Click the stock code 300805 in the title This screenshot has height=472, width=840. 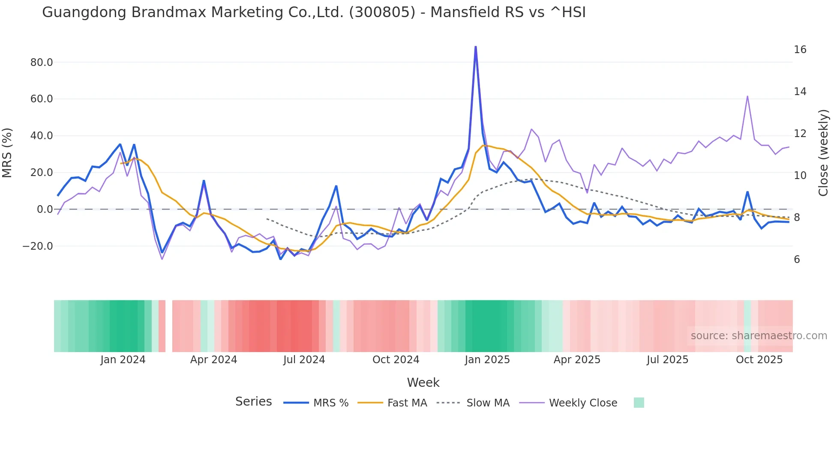pyautogui.click(x=382, y=12)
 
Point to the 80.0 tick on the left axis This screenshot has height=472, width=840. pyautogui.click(x=42, y=63)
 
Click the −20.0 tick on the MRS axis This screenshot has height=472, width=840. pyautogui.click(x=38, y=246)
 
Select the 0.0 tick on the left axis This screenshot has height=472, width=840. pyautogui.click(x=45, y=209)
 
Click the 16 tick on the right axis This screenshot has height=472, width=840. pyautogui.click(x=800, y=50)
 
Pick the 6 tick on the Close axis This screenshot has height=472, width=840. pyautogui.click(x=797, y=260)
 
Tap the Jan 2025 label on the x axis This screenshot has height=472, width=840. pyautogui.click(x=487, y=360)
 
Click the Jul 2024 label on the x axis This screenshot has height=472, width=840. pyautogui.click(x=304, y=360)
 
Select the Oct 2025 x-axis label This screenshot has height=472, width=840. pyautogui.click(x=759, y=360)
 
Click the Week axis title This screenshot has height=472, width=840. pyautogui.click(x=423, y=382)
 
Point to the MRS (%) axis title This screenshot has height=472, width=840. pyautogui.click(x=7, y=153)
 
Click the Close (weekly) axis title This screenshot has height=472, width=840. pyautogui.click(x=823, y=153)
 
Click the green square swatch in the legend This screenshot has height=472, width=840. pyautogui.click(x=639, y=403)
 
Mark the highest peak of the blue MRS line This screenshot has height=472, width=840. pyautogui.click(x=476, y=47)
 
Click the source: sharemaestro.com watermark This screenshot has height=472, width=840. pyautogui.click(x=759, y=336)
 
